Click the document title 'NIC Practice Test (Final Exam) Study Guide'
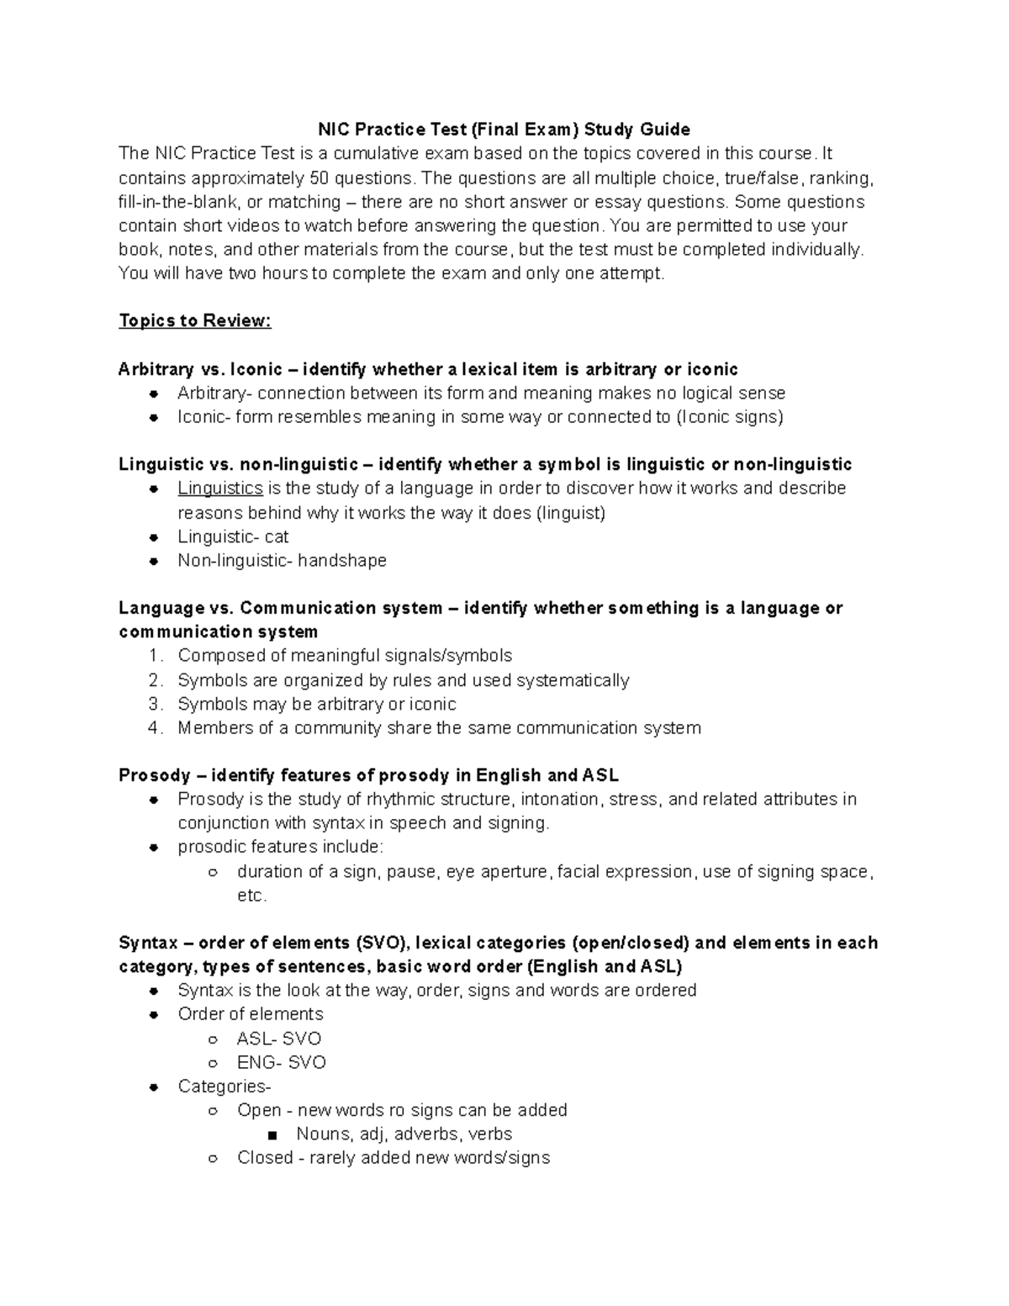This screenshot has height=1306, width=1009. [503, 130]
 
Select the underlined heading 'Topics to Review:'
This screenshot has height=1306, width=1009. [195, 321]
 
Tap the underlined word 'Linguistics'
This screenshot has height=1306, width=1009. [220, 489]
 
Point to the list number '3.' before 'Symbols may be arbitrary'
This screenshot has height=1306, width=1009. [155, 704]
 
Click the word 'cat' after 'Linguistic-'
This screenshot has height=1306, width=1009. [277, 537]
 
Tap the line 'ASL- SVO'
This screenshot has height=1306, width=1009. [279, 1039]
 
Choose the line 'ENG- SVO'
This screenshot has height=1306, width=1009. [282, 1063]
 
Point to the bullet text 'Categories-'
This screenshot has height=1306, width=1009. [225, 1087]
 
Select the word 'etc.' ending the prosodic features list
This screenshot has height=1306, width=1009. [251, 896]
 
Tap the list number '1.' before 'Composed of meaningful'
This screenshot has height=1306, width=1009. [155, 656]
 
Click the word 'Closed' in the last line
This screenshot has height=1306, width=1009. [265, 1158]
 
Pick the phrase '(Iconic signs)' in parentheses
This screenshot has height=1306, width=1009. [730, 417]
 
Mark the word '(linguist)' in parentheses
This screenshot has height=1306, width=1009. [571, 513]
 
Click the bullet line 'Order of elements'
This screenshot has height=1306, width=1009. [251, 1014]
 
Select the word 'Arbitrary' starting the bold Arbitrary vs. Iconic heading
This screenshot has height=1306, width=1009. [156, 369]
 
